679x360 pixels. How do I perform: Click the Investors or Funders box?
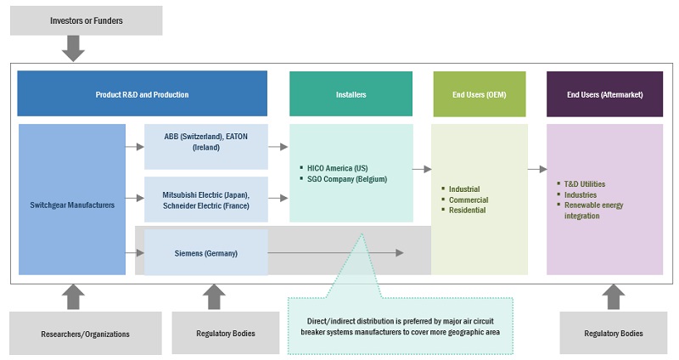(x=86, y=20)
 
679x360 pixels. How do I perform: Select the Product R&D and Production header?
(x=142, y=93)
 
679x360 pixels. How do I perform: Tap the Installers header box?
(x=351, y=93)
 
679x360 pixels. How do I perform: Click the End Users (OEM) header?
(x=479, y=93)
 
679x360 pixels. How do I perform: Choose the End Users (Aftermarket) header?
(x=604, y=93)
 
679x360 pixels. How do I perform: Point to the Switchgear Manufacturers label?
(x=71, y=204)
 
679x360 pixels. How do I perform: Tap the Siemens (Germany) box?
(x=205, y=252)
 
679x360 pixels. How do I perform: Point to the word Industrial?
(x=464, y=188)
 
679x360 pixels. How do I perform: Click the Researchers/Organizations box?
(x=86, y=334)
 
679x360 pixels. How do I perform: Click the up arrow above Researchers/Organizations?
(x=74, y=296)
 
